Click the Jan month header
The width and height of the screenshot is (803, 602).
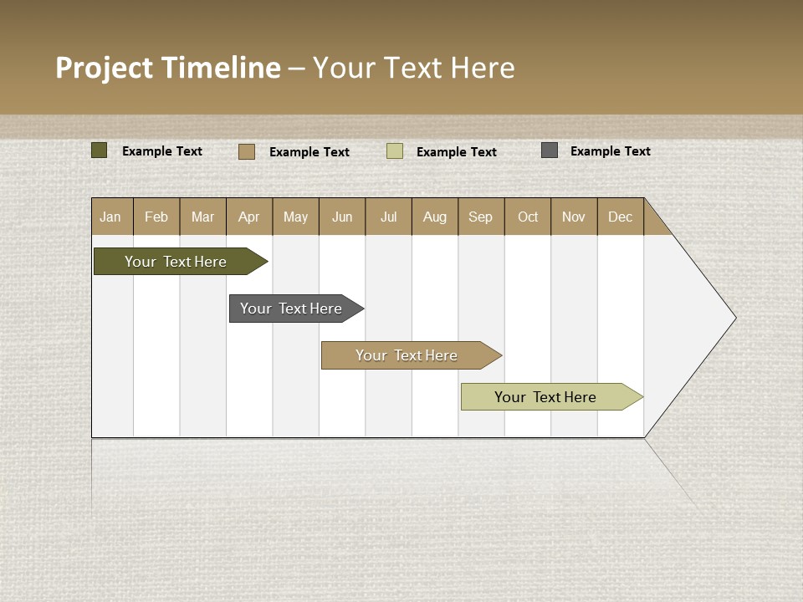(111, 217)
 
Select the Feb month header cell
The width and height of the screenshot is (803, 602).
(156, 217)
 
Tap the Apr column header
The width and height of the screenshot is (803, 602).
(249, 217)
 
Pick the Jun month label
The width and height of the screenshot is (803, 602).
(342, 217)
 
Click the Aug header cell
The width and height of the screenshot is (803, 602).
(435, 217)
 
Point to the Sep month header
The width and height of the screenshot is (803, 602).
(481, 217)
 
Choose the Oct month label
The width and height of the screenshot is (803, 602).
(528, 217)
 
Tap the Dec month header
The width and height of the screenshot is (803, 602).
(621, 217)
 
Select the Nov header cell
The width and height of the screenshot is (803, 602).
(574, 217)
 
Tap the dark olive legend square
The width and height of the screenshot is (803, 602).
(100, 150)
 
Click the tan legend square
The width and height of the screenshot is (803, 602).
(247, 151)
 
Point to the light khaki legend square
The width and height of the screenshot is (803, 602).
(395, 151)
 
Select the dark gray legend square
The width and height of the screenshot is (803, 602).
(550, 150)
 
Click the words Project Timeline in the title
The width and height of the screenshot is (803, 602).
(168, 68)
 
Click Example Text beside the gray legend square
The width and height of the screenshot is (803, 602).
(611, 151)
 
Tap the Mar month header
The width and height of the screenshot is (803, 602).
(203, 217)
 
